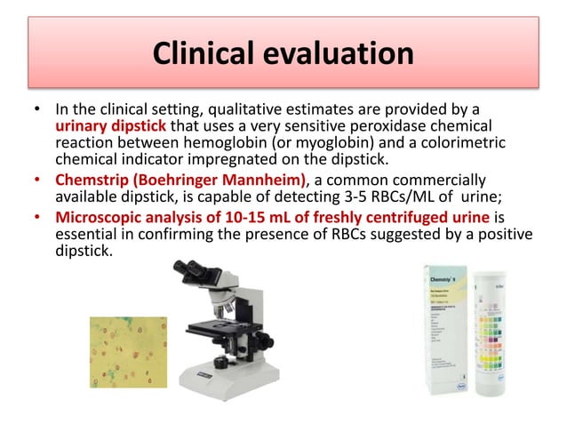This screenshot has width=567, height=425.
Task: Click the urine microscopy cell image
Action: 128,351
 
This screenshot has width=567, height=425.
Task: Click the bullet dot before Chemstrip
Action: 36,180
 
